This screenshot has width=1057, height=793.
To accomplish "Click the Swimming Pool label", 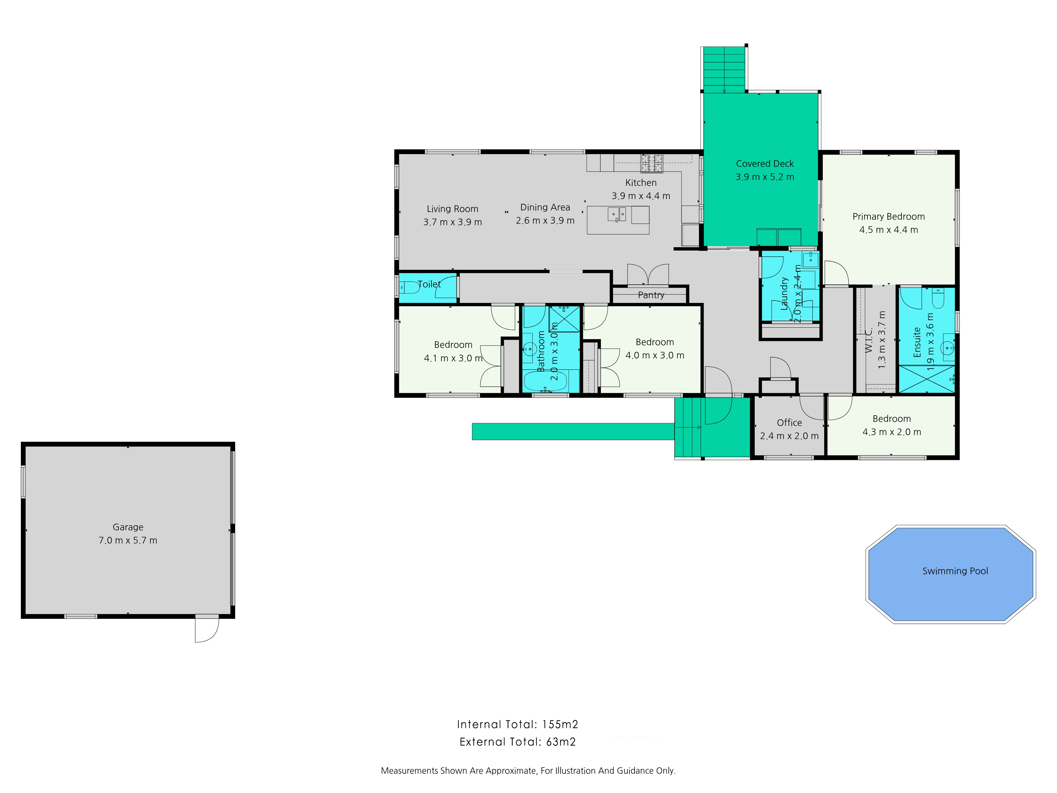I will pos(955,571).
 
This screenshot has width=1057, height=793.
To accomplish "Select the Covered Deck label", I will pos(764,163).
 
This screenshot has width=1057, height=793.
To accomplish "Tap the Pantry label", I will pos(651,295).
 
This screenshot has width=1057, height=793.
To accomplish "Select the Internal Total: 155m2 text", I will pos(517,724).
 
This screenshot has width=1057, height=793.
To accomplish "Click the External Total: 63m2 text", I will pos(517,742).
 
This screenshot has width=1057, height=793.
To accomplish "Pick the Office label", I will pos(789,423).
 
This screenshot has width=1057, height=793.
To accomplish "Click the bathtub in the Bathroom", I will pos(545,381).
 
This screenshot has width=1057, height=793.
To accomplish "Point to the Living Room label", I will pos(452,209).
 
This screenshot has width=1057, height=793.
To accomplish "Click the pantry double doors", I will pos(648,275).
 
